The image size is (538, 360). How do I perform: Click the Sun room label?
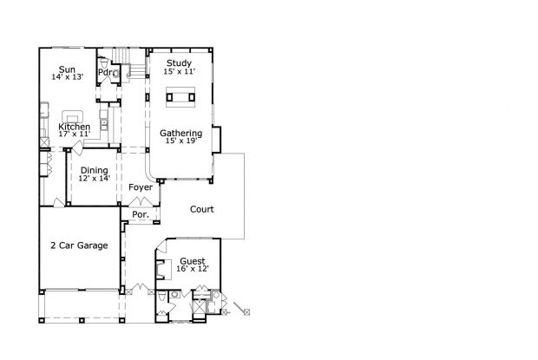click(67, 69)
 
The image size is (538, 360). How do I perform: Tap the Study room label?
click(180, 62)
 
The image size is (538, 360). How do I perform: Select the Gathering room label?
click(180, 133)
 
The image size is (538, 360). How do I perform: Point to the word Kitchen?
click(74, 127)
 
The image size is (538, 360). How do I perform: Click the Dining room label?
click(94, 170)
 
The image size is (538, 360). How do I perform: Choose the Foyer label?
click(141, 187)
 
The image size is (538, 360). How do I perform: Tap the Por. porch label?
click(140, 214)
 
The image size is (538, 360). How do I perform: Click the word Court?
click(201, 209)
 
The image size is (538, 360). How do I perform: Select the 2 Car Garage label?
click(79, 245)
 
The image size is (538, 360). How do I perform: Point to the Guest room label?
click(193, 260)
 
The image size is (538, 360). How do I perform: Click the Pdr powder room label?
click(103, 72)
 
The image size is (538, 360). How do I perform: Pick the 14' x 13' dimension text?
click(67, 78)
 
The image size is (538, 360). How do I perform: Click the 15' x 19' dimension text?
click(180, 141)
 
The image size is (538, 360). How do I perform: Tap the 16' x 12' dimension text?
click(193, 269)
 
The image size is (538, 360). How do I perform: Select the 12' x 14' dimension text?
click(94, 178)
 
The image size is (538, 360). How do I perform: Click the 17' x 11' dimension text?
click(74, 134)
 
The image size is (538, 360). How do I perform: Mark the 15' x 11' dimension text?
click(180, 71)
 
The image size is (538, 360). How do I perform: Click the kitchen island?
click(71, 115)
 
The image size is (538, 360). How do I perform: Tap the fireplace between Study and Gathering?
click(180, 97)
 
